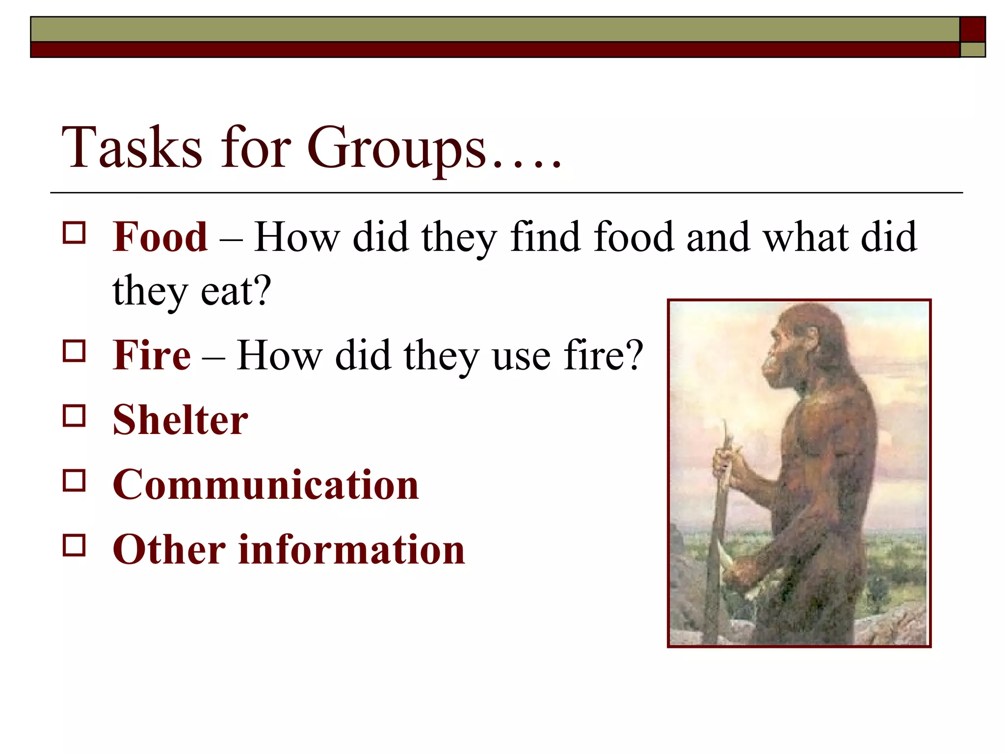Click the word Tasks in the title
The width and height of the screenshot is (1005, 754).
click(x=132, y=148)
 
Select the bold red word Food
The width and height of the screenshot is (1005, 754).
click(x=160, y=237)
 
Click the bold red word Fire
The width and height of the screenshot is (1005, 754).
click(x=152, y=355)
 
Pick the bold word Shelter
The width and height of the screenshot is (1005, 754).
click(x=180, y=420)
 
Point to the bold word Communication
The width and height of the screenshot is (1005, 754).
click(x=265, y=485)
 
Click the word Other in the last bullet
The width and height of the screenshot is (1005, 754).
click(x=169, y=550)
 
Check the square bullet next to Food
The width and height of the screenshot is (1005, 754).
click(x=74, y=233)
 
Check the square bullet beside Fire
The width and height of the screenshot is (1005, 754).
click(x=74, y=351)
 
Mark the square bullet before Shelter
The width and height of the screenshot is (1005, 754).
click(x=74, y=416)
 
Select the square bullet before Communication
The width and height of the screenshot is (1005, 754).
click(x=74, y=481)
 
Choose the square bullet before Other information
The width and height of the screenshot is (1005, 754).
click(x=74, y=545)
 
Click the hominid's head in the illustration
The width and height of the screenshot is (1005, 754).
click(x=805, y=344)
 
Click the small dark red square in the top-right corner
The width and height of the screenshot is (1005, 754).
click(x=973, y=29)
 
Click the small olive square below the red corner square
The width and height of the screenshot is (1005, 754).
click(x=973, y=50)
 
